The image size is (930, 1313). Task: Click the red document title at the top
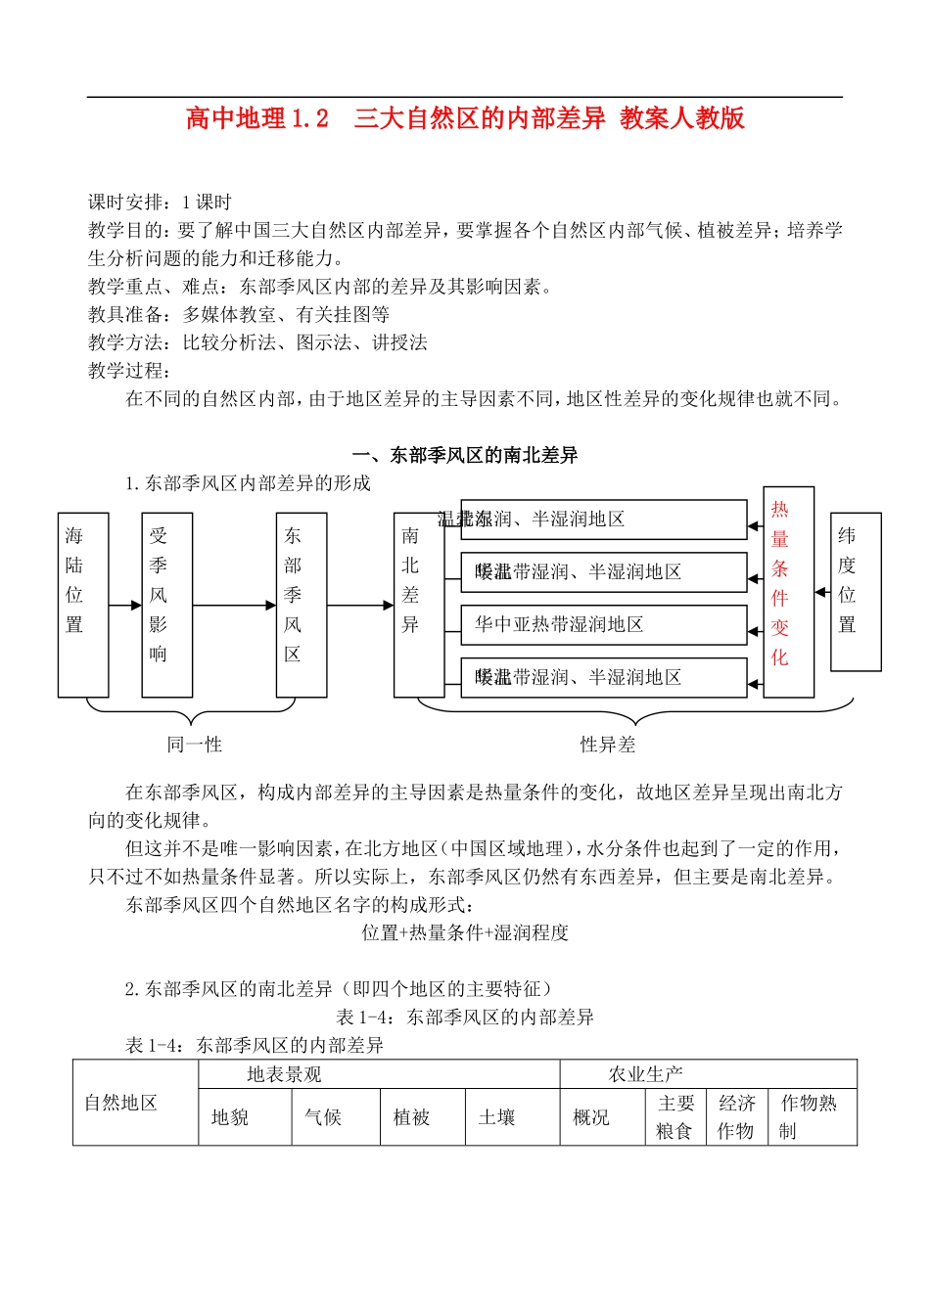tap(465, 118)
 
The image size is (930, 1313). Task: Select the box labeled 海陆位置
tap(82, 604)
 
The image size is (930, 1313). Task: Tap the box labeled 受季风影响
tap(166, 604)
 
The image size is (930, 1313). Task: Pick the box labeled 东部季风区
tap(301, 604)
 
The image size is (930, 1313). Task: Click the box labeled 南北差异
tap(418, 604)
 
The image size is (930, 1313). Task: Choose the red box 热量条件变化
tap(788, 591)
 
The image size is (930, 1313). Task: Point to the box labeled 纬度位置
tap(855, 591)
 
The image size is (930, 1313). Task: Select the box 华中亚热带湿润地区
tap(603, 625)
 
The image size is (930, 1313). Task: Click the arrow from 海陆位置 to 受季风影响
tap(125, 606)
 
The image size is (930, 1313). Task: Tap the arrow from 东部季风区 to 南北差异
tap(360, 606)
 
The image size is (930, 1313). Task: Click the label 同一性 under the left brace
tap(194, 745)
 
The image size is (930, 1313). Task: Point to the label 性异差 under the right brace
tap(607, 745)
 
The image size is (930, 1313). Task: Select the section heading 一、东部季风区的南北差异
tap(465, 455)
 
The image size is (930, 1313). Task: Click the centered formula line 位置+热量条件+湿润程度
tap(465, 932)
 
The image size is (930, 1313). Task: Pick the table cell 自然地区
tap(121, 1103)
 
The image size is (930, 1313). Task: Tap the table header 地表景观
tap(284, 1074)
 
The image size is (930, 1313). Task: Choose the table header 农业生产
tap(646, 1074)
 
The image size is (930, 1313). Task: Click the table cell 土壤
tap(496, 1117)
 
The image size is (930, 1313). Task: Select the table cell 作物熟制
tap(809, 1116)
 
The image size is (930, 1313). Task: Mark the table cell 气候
tap(323, 1117)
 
